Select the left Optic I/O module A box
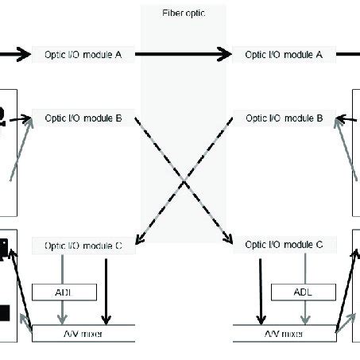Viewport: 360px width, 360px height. (83, 54)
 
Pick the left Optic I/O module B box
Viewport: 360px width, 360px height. (83, 118)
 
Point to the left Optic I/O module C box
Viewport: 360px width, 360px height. (83, 246)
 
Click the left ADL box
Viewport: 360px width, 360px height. (64, 292)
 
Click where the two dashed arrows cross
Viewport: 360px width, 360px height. (184, 181)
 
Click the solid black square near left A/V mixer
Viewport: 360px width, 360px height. (4, 312)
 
